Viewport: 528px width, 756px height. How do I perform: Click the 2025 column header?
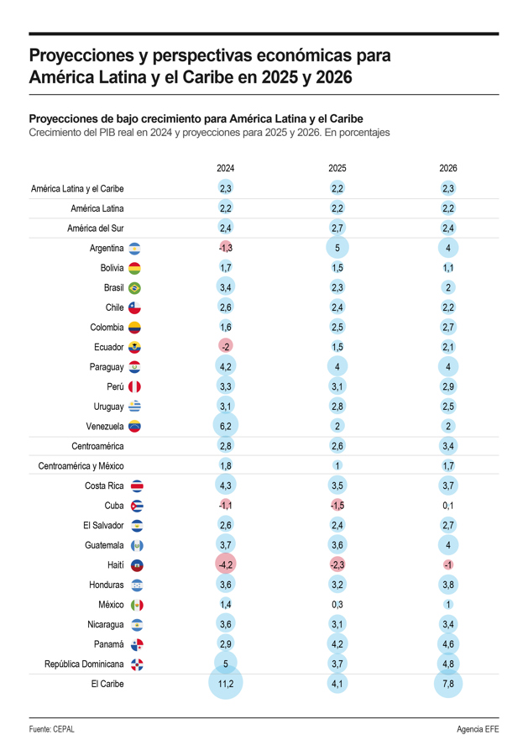click(337, 168)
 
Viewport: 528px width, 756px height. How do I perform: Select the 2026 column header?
click(448, 168)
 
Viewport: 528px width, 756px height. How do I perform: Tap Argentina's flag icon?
click(134, 248)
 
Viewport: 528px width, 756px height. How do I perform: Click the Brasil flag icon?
click(134, 287)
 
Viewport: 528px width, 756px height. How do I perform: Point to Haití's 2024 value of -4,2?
click(226, 565)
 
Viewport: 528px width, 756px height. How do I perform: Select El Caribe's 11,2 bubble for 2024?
click(226, 685)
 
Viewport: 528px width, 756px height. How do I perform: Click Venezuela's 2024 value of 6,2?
click(226, 427)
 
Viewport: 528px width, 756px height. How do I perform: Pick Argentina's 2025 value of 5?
click(337, 248)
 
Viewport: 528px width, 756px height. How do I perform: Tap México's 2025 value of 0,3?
click(337, 605)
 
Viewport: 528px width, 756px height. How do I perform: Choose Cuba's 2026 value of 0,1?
click(448, 506)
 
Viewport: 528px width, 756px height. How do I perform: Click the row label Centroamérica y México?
click(81, 466)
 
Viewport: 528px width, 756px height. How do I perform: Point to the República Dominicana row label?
click(84, 664)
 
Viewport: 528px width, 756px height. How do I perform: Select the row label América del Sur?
click(96, 228)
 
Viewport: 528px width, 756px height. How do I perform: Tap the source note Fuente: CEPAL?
click(52, 729)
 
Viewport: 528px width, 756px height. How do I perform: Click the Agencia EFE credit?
click(478, 729)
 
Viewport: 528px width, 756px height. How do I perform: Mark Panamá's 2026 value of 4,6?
click(448, 644)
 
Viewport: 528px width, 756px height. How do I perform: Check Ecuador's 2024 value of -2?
click(226, 347)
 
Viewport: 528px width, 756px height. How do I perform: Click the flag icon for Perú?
click(134, 386)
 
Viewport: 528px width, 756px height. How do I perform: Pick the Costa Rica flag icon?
click(138, 486)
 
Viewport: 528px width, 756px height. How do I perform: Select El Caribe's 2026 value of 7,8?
click(448, 685)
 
